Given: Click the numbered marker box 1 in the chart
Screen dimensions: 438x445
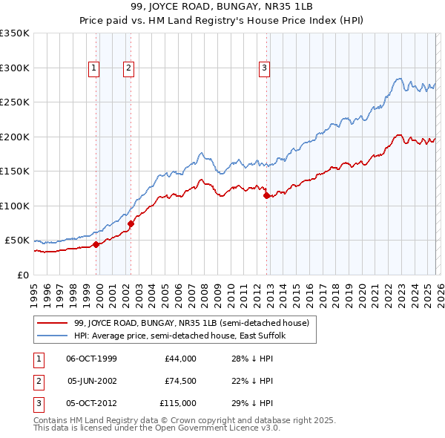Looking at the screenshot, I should pyautogui.click(x=94, y=68).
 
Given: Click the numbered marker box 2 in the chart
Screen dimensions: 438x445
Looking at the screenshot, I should pyautogui.click(x=128, y=68).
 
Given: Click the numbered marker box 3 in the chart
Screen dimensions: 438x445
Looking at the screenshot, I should pyautogui.click(x=264, y=68).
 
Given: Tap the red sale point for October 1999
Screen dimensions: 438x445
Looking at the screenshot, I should pyautogui.click(x=96, y=244).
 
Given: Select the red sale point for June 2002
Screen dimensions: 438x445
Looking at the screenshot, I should pyautogui.click(x=131, y=223).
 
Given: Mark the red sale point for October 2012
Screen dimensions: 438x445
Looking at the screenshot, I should pyautogui.click(x=266, y=195).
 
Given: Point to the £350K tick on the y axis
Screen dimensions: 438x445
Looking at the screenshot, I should pyautogui.click(x=15, y=33).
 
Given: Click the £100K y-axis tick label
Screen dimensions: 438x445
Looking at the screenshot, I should pyautogui.click(x=15, y=206).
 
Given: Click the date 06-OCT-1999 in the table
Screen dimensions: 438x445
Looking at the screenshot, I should pyautogui.click(x=91, y=359).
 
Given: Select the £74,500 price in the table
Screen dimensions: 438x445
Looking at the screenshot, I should pyautogui.click(x=180, y=381).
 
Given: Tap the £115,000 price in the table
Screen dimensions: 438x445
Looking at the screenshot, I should pyautogui.click(x=178, y=403).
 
